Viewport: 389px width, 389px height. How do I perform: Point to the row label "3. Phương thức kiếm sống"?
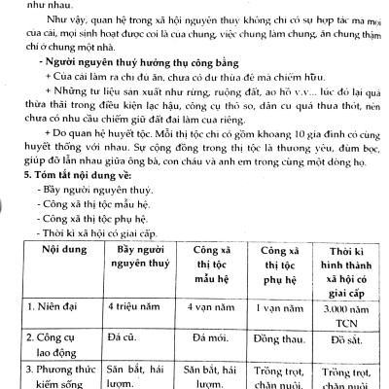[53, 380]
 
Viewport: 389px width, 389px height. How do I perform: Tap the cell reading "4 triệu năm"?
[135, 309]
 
